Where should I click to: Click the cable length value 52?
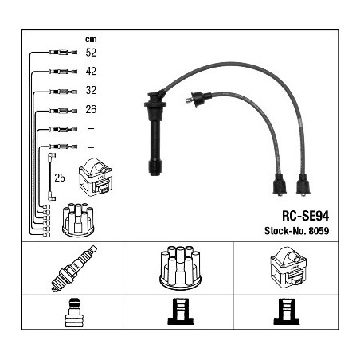91,53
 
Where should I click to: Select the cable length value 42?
91,71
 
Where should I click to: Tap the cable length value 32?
91,90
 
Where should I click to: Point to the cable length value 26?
91,109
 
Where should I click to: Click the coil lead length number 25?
60,178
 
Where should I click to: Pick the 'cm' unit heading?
91,39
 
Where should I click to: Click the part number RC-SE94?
305,216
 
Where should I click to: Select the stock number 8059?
319,231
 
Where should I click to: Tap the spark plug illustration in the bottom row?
74,268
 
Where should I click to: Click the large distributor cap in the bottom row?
180,267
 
